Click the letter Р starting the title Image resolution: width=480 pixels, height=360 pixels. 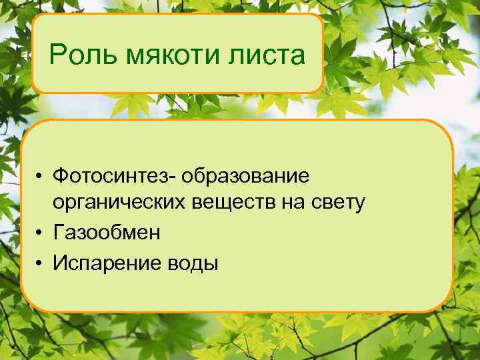point(57,55)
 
